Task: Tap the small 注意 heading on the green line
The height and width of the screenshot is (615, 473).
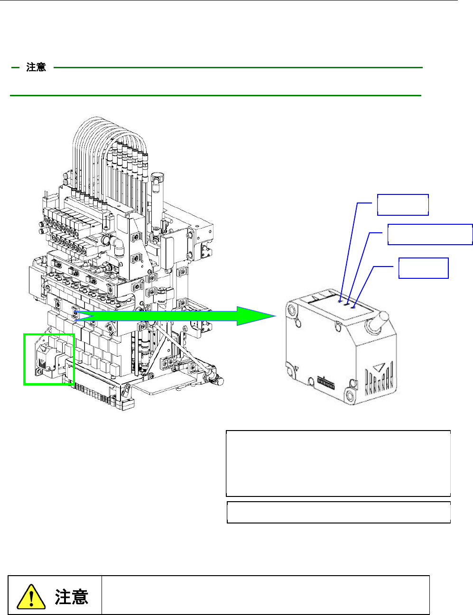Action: click(36, 68)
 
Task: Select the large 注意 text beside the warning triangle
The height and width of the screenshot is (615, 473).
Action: click(72, 597)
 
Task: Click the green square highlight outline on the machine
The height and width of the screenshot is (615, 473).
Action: click(49, 359)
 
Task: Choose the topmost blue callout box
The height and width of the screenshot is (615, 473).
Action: click(403, 204)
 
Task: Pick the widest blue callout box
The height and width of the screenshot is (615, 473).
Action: click(430, 234)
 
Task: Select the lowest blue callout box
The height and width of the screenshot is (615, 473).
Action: click(423, 268)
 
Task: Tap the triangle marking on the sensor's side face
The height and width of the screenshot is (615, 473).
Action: click(378, 367)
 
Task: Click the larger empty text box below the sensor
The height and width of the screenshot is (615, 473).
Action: click(338, 463)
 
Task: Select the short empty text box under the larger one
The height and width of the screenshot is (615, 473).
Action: click(338, 512)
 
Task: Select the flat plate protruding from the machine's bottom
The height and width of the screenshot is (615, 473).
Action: click(164, 387)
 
